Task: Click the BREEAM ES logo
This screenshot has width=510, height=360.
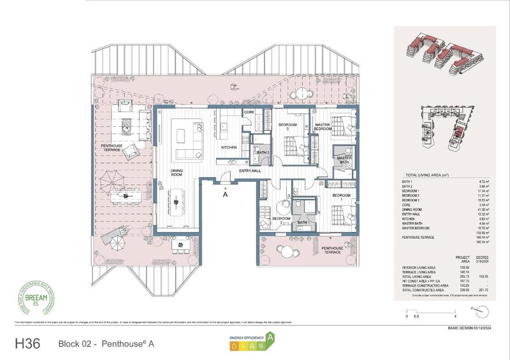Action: point(38,299)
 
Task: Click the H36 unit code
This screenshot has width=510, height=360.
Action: point(29,342)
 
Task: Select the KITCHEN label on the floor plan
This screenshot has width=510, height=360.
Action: point(229,148)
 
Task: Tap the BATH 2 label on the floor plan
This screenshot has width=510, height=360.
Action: point(261,152)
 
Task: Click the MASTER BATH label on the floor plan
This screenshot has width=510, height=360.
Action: point(344,161)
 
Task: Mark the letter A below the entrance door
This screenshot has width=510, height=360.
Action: point(225,196)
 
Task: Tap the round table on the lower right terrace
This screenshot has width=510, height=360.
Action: point(288,252)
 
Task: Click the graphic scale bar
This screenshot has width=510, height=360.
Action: point(431,311)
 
